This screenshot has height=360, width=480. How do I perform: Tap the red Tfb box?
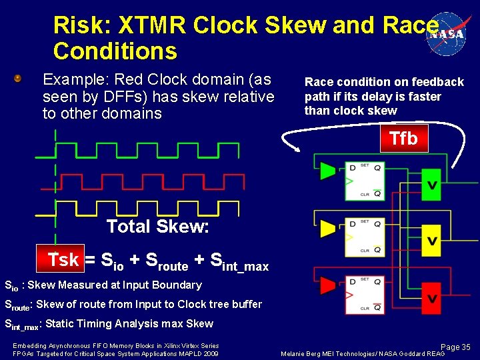pyautogui.click(x=403, y=139)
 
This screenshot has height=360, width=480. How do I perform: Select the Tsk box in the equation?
pyautogui.click(x=63, y=260)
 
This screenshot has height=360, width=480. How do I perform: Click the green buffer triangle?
pyautogui.click(x=327, y=171)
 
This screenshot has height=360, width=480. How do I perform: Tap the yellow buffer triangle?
pyautogui.click(x=327, y=229)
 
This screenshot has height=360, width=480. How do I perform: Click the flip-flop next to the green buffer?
pyautogui.click(x=364, y=181)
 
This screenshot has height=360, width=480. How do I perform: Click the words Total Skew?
pyautogui.click(x=158, y=227)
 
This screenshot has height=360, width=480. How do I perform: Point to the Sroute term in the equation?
pyautogui.click(x=167, y=261)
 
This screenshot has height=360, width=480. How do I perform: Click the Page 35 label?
pyautogui.click(x=455, y=347)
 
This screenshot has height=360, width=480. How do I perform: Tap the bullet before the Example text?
pyautogui.click(x=19, y=79)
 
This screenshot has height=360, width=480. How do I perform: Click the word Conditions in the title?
pyautogui.click(x=115, y=51)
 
